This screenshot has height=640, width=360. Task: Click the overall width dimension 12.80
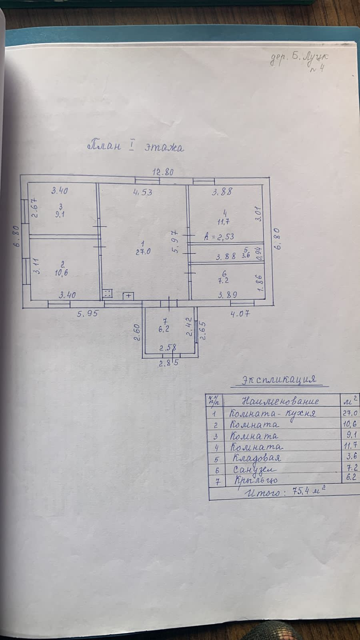[x=163, y=172]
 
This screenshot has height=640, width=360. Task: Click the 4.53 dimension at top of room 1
[x=142, y=192]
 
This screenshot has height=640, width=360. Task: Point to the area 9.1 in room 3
[x=61, y=214]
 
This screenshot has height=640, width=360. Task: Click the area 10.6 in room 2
[x=62, y=273]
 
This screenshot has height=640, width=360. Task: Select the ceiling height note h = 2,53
[x=219, y=236]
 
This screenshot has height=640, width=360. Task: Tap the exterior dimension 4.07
[x=240, y=314]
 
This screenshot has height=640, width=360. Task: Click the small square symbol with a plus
[x=128, y=296]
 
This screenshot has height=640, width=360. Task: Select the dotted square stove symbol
[x=107, y=294]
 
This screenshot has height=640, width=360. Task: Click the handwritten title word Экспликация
[x=279, y=379]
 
